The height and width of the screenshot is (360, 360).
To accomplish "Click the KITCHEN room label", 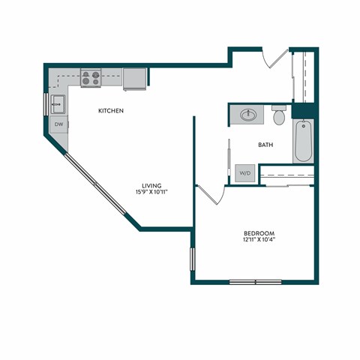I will click(x=110, y=111).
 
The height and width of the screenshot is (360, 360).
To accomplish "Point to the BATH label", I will click(x=265, y=144).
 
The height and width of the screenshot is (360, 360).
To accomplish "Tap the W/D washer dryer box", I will click(x=244, y=172).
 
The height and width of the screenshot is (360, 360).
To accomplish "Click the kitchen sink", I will click(x=58, y=101).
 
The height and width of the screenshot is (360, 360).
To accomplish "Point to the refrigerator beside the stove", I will click(x=135, y=78).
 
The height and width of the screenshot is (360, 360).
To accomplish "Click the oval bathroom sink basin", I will click(x=248, y=115).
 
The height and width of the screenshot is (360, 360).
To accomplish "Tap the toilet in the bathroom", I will click(x=279, y=116).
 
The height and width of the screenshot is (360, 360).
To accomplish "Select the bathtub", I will click(x=302, y=140).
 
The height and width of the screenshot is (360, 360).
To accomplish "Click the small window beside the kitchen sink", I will click(x=47, y=101).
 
